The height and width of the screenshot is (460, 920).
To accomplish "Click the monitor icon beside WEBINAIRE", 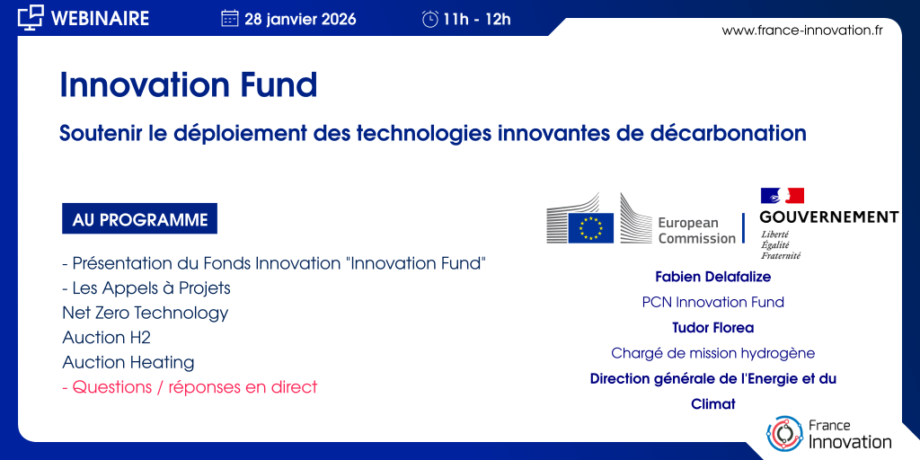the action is coord(31,18).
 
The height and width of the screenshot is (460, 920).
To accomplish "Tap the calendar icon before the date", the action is coord(229,19).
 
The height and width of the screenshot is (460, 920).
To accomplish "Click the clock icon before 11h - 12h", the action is coord(430,20).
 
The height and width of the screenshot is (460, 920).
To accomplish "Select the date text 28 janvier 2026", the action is coord(300,20).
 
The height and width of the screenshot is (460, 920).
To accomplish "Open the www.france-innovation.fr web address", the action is coord(802,31).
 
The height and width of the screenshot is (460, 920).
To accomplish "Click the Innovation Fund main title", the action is coord(189,84).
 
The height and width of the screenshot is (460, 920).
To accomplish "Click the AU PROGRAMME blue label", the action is coord(139,219).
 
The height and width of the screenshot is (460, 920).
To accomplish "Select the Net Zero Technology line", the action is coord(145,313).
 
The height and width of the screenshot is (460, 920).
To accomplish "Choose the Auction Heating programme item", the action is coord(128,363).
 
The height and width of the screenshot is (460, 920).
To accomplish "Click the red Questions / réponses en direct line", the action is coord(190,387).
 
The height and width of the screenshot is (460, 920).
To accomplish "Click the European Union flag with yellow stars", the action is coord(591,228).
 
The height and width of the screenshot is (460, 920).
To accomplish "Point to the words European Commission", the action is coord(696,231).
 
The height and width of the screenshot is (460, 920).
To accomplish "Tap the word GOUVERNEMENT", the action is coord(829,217).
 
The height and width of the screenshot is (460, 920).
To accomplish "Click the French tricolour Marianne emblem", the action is coord(783,196).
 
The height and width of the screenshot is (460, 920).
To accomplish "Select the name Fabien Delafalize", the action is coord(712,277).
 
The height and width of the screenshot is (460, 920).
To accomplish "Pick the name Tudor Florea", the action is coord(712,327).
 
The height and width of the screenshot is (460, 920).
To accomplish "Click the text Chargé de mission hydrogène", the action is coord(712,353).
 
